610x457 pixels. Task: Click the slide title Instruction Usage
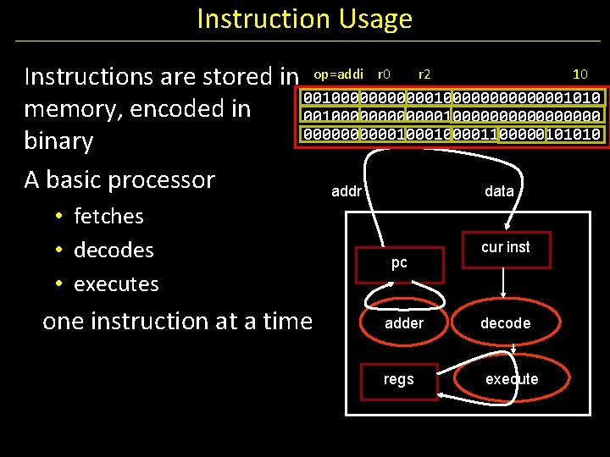coord(304,19)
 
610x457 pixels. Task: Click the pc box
coord(399,263)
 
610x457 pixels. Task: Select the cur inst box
coord(505,247)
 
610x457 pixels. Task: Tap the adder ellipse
coord(404,322)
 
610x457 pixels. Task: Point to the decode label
coord(505,323)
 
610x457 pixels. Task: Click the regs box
coord(398,379)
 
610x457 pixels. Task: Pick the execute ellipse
coord(511,379)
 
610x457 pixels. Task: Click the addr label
coord(346,191)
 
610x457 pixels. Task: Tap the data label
coord(499,191)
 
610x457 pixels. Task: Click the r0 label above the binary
coord(384,74)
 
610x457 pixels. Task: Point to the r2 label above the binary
coord(424,74)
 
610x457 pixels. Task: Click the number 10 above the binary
coord(580,74)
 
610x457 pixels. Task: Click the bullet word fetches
coord(108,217)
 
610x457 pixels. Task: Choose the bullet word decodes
coord(114,251)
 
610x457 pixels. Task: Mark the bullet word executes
coord(116,284)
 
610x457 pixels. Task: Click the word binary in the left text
coord(58,140)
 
